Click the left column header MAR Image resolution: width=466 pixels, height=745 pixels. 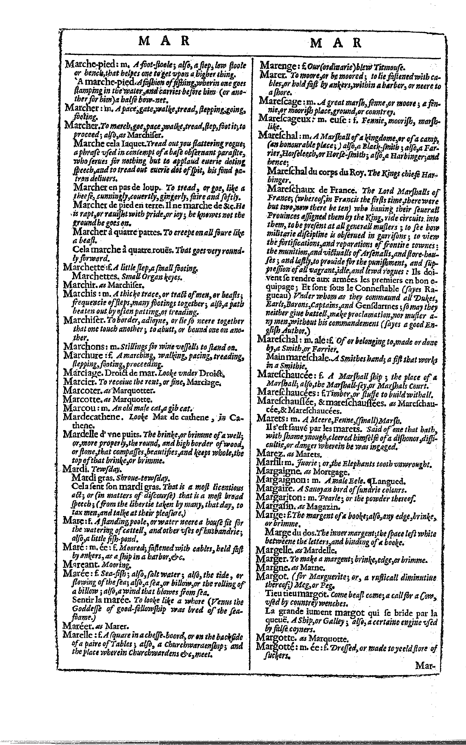coord(164,41)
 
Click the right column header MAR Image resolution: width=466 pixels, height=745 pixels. coord(335,43)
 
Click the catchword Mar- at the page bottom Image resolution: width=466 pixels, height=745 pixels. coord(425,665)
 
